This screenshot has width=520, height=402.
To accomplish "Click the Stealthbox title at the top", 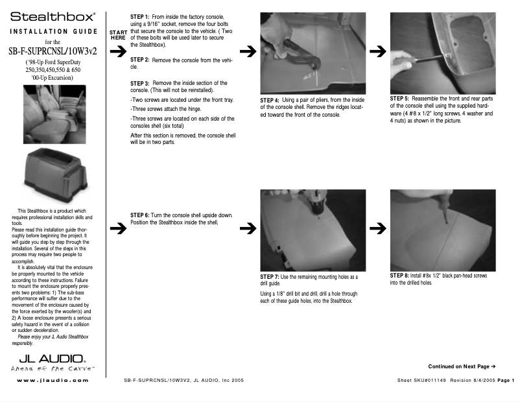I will [x=53, y=15].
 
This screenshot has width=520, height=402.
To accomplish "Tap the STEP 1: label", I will [x=141, y=16].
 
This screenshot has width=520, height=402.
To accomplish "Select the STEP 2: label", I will [x=141, y=60].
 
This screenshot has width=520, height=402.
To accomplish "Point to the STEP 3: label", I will [x=141, y=84].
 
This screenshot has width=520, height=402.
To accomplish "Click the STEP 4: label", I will [x=270, y=101].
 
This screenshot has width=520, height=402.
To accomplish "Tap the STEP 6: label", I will [x=141, y=215].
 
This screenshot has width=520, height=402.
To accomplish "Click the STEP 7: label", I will [x=270, y=278].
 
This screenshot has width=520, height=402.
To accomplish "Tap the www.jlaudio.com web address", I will [x=53, y=380].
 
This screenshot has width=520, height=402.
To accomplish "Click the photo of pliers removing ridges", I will [x=313, y=53].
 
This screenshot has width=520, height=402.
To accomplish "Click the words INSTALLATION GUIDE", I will [x=53, y=31].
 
